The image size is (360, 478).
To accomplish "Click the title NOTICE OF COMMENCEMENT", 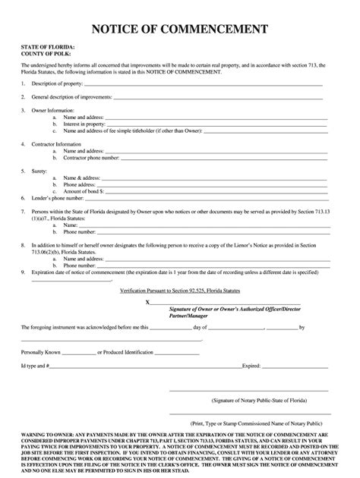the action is click(179, 29).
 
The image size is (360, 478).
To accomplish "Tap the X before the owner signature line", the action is click(148, 301).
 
